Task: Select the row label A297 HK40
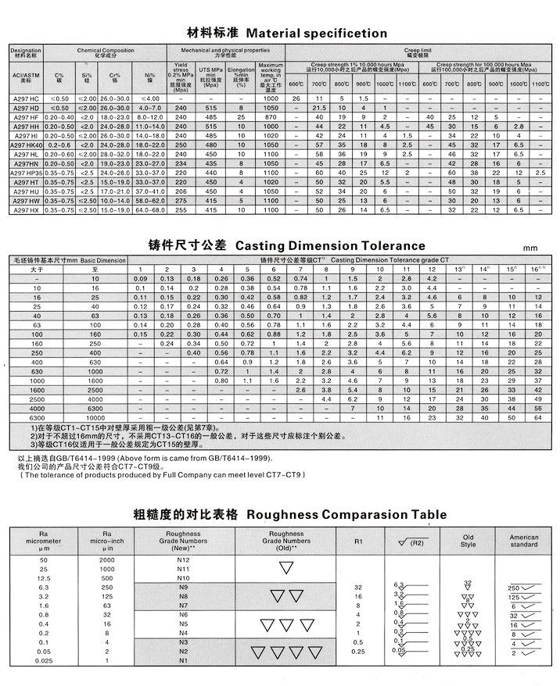pyautogui.click(x=24, y=145)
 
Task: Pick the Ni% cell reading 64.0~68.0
pyautogui.click(x=150, y=210)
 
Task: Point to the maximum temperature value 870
pyautogui.click(x=271, y=116)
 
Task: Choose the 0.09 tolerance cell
pyautogui.click(x=141, y=278)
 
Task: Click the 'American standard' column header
pyautogui.click(x=524, y=541)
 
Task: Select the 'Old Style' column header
pyautogui.click(x=468, y=541)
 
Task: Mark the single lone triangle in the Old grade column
pyautogui.click(x=286, y=568)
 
